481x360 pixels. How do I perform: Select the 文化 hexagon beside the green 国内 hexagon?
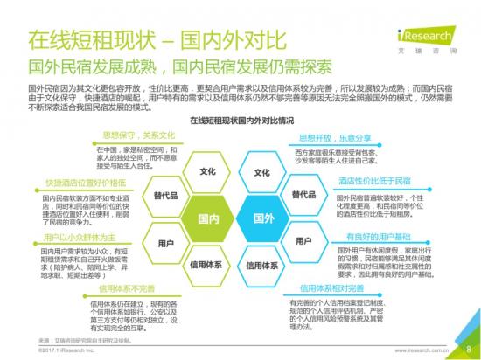(x=208, y=172)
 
